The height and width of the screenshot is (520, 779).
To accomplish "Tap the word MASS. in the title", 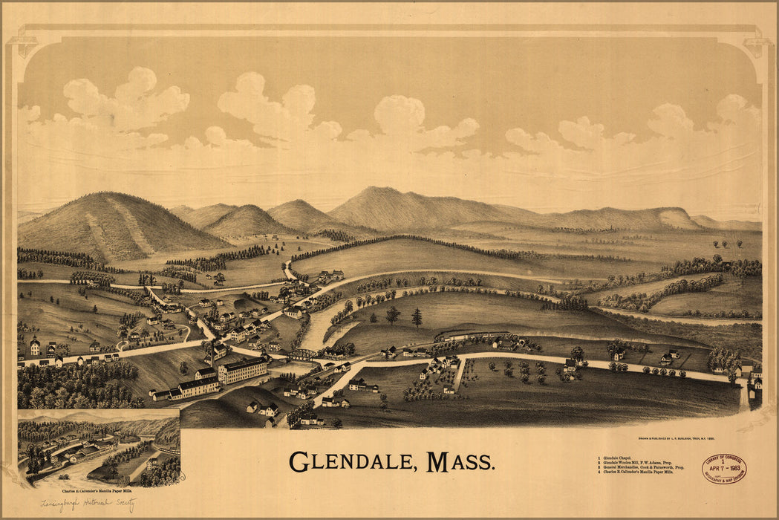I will pyautogui.click(x=460, y=462).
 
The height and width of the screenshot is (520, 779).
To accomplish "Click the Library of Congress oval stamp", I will pyautogui.click(x=723, y=469).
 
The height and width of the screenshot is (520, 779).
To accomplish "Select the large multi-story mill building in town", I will pyautogui.click(x=242, y=369).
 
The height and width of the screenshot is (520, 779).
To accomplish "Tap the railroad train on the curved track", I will pyautogui.click(x=475, y=336).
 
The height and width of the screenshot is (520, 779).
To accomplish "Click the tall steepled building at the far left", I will pyautogui.click(x=35, y=345).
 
